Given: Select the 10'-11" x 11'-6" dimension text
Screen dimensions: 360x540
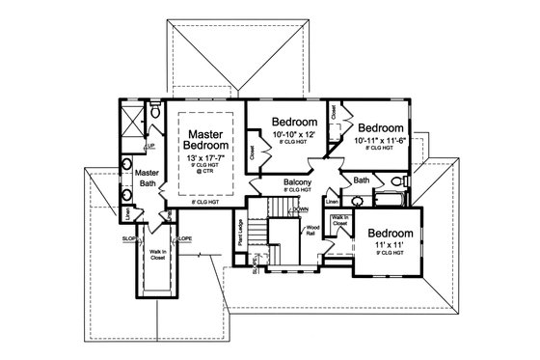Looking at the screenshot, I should tap(380, 142).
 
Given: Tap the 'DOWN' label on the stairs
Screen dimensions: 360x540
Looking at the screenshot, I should tap(301, 209).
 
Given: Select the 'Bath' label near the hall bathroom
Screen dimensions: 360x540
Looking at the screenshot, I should tap(362, 180).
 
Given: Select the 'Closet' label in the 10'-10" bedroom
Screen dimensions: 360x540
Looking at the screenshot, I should tap(253, 152).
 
